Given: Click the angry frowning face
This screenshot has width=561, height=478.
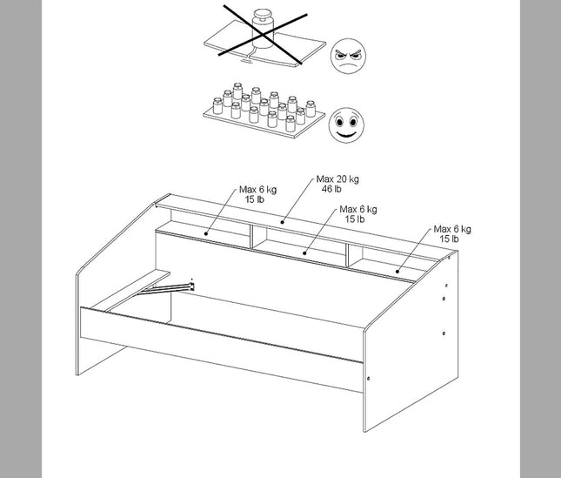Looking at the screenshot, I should (349, 58).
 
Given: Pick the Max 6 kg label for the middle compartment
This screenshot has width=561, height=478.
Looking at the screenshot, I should (357, 214).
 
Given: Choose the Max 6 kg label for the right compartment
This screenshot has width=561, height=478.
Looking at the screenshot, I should (452, 233).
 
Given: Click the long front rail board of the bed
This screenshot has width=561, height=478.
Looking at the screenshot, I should (217, 348).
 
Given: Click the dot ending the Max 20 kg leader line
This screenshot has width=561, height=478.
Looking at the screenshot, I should (284, 220).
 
